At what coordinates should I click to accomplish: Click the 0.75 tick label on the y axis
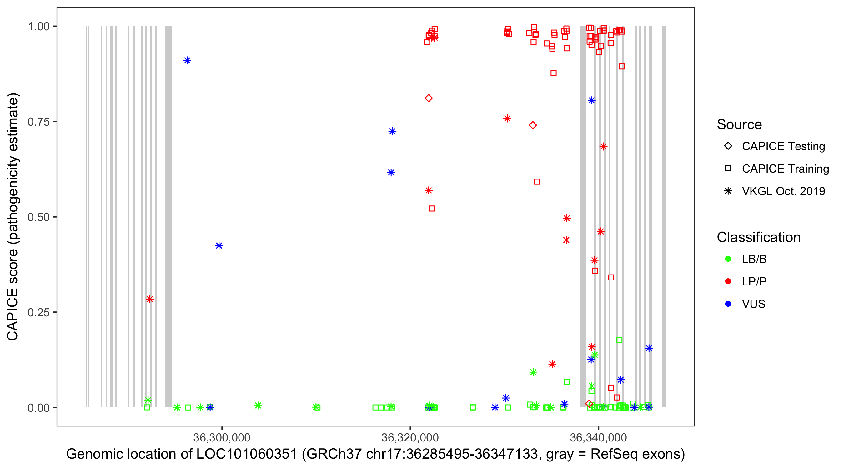tap(38, 122)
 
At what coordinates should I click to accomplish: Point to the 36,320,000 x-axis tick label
tap(410, 437)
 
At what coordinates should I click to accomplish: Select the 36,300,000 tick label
tap(222, 437)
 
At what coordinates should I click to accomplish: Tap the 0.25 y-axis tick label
tap(38, 312)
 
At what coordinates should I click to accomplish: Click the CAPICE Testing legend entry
tap(783, 146)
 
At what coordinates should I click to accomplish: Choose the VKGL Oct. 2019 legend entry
tap(783, 191)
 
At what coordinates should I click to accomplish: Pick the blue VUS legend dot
tap(728, 304)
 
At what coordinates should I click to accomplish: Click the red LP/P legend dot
tap(728, 281)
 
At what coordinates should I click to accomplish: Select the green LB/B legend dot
tap(728, 259)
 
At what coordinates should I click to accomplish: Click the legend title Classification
tap(758, 237)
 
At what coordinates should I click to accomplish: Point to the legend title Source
tap(739, 124)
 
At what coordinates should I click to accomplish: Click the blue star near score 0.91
tap(187, 60)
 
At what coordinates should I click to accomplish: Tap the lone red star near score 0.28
tap(150, 299)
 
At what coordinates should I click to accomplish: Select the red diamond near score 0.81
tap(429, 98)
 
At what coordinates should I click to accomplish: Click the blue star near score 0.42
tap(219, 245)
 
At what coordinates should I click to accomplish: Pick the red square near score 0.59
tap(537, 182)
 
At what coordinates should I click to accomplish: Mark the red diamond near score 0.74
tap(533, 125)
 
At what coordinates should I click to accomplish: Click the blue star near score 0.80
tap(591, 100)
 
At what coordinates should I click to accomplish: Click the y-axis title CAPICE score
tap(13, 217)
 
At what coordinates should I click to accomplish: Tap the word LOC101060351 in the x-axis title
tap(246, 454)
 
